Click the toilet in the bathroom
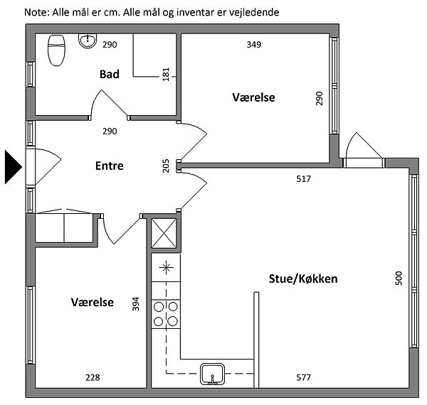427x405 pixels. pyautogui.click(x=56, y=50)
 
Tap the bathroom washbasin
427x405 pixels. pyautogui.click(x=88, y=40)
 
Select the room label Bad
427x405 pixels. pyautogui.click(x=110, y=74)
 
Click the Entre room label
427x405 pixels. pyautogui.click(x=110, y=166)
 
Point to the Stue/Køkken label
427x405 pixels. pyautogui.click(x=303, y=279)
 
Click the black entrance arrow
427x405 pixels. pyautogui.click(x=13, y=167)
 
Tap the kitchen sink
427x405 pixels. pyautogui.click(x=212, y=374)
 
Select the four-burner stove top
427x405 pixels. pyautogui.click(x=166, y=314)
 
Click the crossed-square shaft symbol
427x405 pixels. pyautogui.click(x=164, y=233)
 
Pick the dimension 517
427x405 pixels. pyautogui.click(x=303, y=179)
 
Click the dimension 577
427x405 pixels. pyautogui.click(x=303, y=377)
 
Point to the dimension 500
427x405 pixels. pyautogui.click(x=399, y=278)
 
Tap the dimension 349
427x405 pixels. pyautogui.click(x=254, y=45)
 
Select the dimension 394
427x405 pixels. pyautogui.click(x=136, y=304)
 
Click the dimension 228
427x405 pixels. pyautogui.click(x=93, y=377)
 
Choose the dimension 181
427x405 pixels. pyautogui.click(x=166, y=74)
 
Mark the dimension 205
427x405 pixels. pyautogui.click(x=166, y=166)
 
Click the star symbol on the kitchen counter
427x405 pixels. pyautogui.click(x=166, y=268)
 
